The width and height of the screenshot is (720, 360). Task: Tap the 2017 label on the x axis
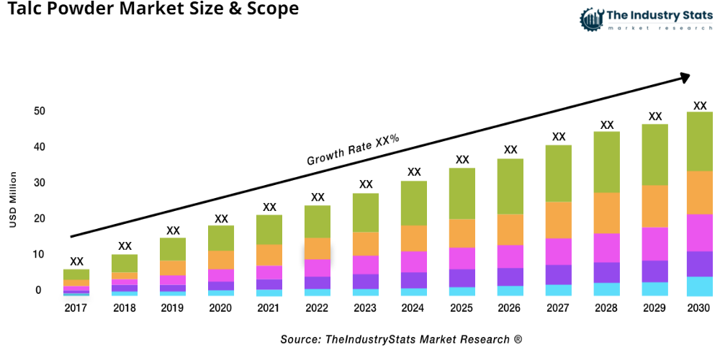coord(76,308)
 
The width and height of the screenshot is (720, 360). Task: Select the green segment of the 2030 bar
coord(699,141)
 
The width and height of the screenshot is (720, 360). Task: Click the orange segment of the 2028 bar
coord(607,213)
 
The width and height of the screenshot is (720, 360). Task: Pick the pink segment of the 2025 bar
coord(462,258)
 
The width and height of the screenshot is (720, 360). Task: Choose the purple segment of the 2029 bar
coord(655,271)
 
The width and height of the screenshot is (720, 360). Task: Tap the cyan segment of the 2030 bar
coord(699,287)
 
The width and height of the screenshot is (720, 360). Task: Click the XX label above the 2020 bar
coord(221,218)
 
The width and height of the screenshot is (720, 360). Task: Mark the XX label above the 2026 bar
coord(510,150)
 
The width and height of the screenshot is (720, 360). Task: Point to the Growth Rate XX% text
coord(353,150)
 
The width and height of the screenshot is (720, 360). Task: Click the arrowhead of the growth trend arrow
coord(685,76)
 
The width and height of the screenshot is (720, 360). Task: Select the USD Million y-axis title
coord(13,199)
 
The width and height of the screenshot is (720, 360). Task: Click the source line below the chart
coord(401,339)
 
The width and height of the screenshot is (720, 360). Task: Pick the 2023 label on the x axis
coord(366,308)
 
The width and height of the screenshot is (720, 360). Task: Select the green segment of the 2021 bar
coord(269,230)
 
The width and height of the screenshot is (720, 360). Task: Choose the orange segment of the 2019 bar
coord(173,268)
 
